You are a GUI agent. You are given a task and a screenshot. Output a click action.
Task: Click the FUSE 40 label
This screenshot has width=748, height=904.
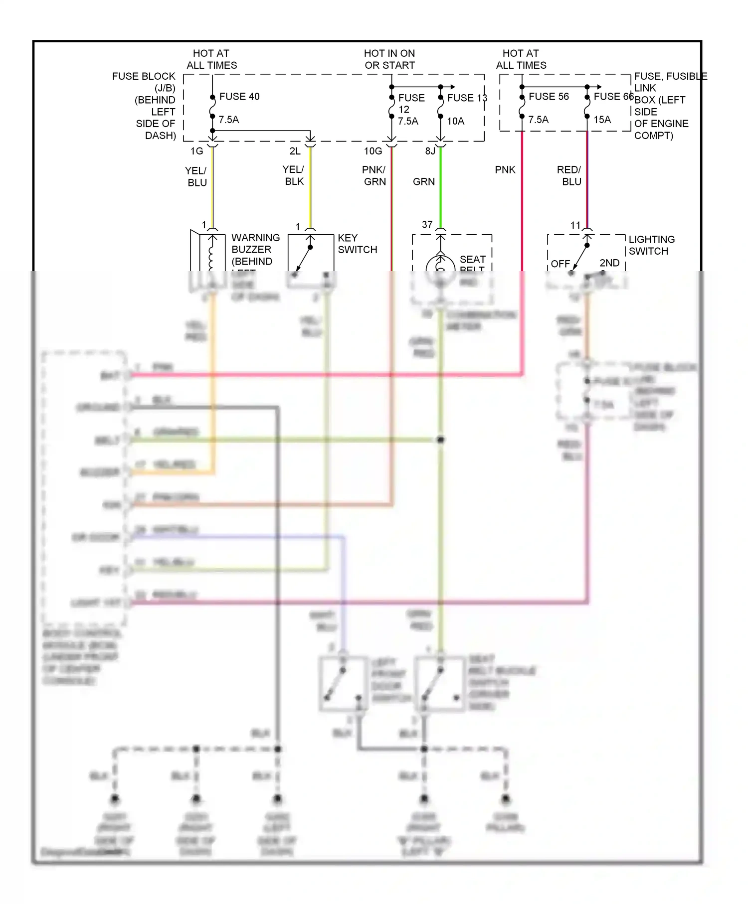click(239, 96)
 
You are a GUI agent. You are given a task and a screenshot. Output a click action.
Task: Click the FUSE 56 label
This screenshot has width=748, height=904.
click(549, 96)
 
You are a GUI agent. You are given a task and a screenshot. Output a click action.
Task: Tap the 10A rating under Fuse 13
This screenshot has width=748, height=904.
click(455, 121)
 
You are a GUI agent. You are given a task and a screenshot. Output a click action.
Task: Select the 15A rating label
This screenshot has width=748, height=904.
click(602, 120)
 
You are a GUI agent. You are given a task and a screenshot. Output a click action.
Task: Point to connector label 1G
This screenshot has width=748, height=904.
click(196, 151)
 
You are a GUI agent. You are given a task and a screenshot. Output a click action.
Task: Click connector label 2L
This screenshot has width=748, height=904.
click(295, 151)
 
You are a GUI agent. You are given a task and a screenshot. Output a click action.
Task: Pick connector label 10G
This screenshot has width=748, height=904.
click(373, 151)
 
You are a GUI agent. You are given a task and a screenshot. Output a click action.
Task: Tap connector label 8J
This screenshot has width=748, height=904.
click(430, 151)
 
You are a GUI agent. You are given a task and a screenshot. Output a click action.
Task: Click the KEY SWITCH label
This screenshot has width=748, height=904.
click(357, 244)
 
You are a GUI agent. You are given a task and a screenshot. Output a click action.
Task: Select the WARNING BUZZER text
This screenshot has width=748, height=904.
click(255, 244)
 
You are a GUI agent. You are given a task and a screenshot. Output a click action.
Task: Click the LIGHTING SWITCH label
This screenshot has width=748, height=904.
click(651, 245)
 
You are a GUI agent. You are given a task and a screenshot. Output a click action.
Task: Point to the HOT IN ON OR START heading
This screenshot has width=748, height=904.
click(389, 59)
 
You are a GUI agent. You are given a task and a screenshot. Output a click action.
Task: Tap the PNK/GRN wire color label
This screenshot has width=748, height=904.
click(374, 176)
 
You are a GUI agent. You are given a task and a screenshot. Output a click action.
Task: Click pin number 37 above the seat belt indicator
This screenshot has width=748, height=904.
click(427, 225)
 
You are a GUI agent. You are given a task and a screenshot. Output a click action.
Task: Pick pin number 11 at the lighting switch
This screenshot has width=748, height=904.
click(575, 225)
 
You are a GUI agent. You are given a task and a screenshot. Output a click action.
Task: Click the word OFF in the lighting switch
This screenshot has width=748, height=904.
click(560, 264)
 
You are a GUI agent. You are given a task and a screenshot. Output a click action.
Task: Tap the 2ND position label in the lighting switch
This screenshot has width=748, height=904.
click(609, 263)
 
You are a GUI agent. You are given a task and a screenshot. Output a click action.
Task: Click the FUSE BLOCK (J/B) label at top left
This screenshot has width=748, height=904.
click(144, 82)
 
